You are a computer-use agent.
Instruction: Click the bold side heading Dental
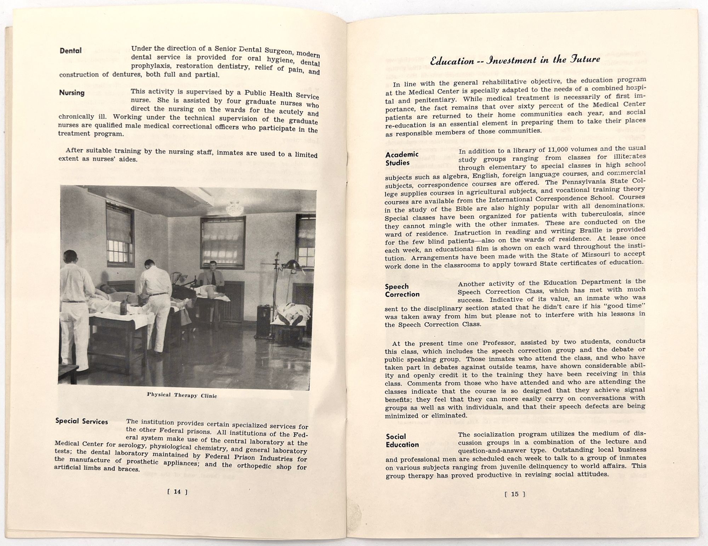[71, 51]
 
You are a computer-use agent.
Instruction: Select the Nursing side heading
[72, 93]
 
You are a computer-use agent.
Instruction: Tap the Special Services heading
[82, 421]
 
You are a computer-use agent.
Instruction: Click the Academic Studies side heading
[402, 159]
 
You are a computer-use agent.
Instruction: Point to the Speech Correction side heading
[402, 290]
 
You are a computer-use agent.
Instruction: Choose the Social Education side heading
[402, 440]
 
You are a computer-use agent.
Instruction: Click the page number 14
[177, 491]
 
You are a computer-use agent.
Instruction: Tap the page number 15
[515, 494]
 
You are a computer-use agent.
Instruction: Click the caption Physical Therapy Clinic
[182, 395]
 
